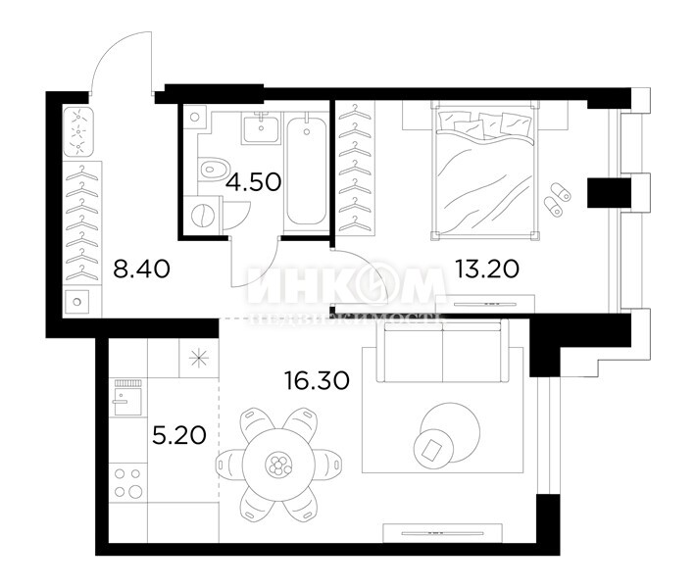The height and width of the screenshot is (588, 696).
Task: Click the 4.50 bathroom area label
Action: coord(254,181)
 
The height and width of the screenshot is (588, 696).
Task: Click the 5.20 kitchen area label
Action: coord(179,434)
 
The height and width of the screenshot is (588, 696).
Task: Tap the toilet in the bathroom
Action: coord(209,169)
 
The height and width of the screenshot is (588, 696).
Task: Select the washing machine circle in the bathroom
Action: coord(203,215)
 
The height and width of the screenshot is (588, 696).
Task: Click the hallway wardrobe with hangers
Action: coord(79,225)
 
